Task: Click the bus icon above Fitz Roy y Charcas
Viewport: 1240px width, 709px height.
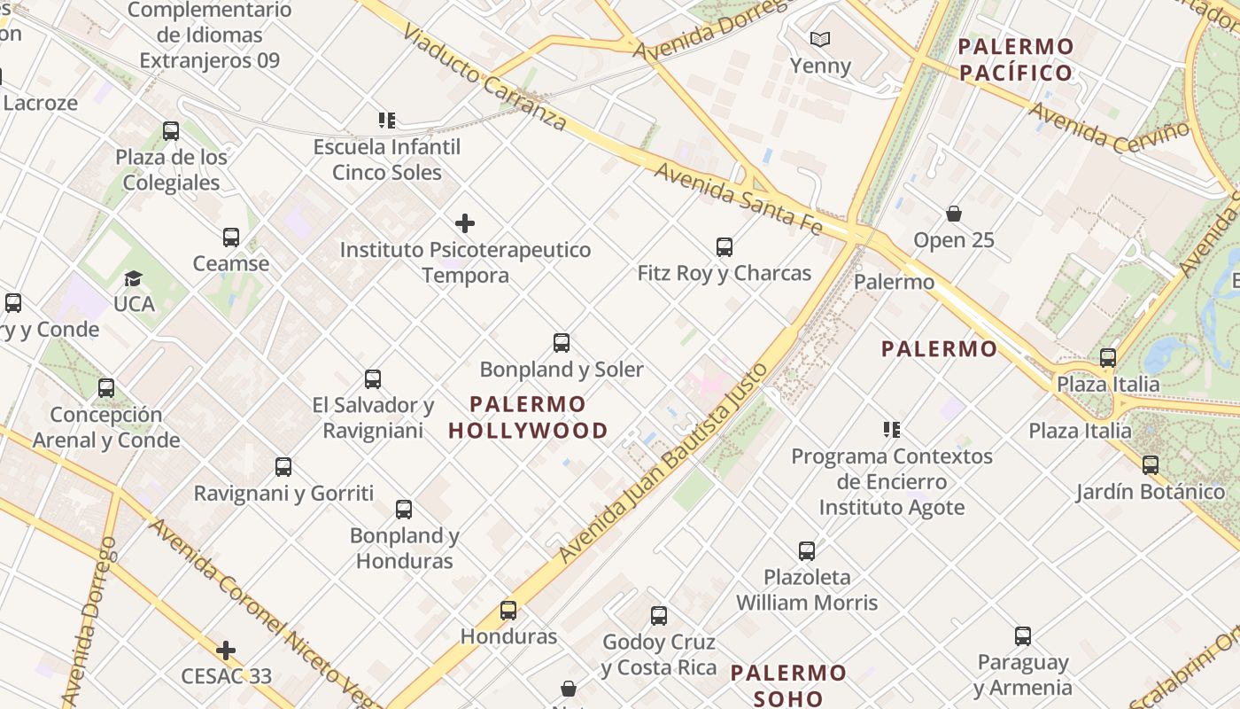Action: point(724,247)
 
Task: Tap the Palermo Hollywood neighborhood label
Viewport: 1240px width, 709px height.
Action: point(528,417)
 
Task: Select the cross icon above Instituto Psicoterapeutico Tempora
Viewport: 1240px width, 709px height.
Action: point(464,223)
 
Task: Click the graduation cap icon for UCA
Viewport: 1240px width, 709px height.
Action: point(133,279)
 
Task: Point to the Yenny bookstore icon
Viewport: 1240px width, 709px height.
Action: point(820,40)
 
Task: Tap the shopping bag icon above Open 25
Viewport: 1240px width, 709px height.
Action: point(954,214)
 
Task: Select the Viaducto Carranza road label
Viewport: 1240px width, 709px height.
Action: point(484,77)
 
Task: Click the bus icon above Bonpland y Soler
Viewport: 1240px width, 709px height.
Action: point(561,343)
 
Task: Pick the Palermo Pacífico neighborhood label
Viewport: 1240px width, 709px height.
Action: point(1016,59)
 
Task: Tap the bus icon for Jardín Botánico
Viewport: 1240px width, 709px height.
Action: point(1150,465)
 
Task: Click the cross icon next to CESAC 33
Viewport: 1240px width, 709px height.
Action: point(226,651)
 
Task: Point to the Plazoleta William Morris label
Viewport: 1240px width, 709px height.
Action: point(807,590)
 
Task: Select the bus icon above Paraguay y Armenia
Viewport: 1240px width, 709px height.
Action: point(1022,636)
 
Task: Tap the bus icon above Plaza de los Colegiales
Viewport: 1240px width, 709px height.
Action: point(171,131)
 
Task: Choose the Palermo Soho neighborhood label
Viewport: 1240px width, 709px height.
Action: point(788,685)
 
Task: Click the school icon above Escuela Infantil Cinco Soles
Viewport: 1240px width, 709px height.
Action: point(386,120)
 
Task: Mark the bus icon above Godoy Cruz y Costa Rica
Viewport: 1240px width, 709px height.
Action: point(658,616)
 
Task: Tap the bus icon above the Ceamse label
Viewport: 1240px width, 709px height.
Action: point(231,238)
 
